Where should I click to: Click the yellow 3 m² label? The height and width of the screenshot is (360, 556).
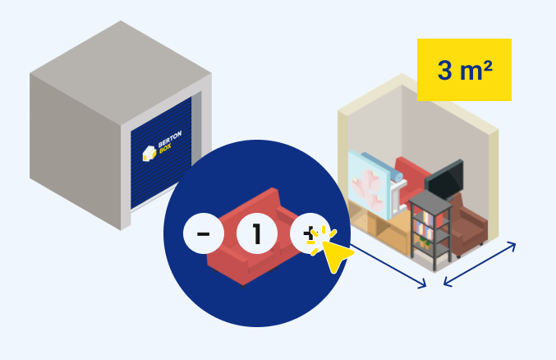464,70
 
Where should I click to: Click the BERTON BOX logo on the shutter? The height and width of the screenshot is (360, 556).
156,152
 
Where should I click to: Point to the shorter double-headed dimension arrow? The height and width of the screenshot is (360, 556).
480,264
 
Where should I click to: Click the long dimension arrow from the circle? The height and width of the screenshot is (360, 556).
386,263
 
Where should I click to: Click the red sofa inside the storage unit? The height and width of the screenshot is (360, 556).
411,172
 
